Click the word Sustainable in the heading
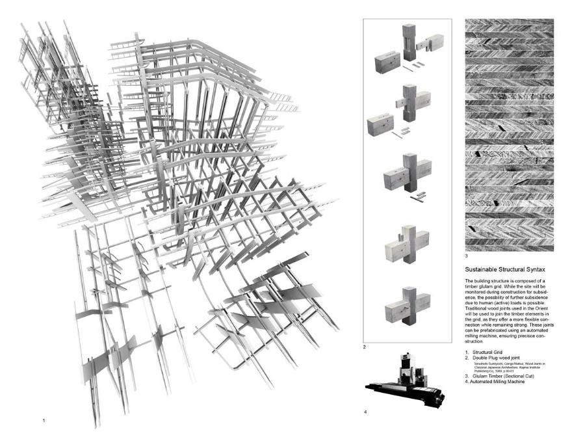pyautogui.click(x=481, y=269)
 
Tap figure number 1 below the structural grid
pyautogui.click(x=44, y=420)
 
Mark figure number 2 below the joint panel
pyautogui.click(x=365, y=348)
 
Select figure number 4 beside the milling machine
pyautogui.click(x=365, y=412)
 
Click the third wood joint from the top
pyautogui.click(x=406, y=176)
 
